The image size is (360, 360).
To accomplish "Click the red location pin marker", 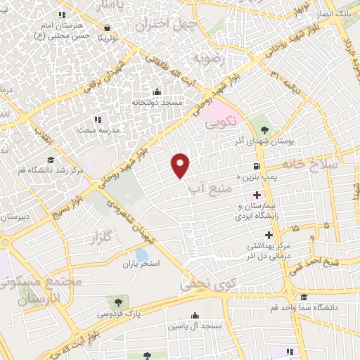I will pyautogui.click(x=181, y=165).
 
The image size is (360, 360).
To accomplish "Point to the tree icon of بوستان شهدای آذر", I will pyautogui.click(x=264, y=129).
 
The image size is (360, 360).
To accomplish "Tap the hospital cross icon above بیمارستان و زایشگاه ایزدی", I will pyautogui.click(x=257, y=194).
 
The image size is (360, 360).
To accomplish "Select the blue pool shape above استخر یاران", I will pyautogui.click(x=141, y=254).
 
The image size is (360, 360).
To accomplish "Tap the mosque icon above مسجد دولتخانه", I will pyautogui.click(x=156, y=92).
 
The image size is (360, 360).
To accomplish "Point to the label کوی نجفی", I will pyautogui.click(x=200, y=285).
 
